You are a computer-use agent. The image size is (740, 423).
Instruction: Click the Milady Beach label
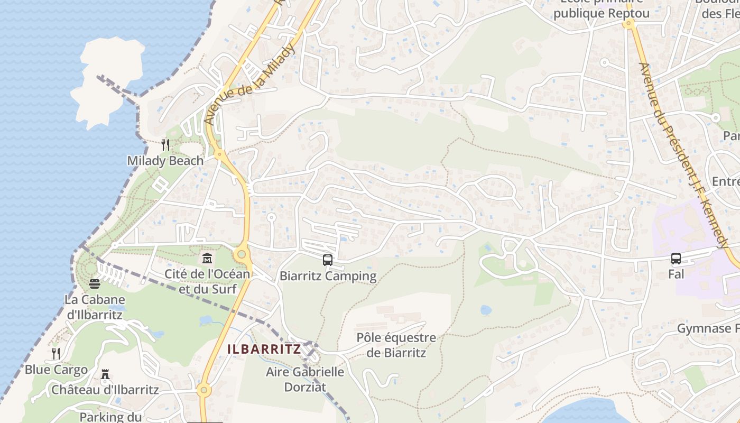click(x=165, y=161)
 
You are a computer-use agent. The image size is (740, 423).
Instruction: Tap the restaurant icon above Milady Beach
click(x=165, y=144)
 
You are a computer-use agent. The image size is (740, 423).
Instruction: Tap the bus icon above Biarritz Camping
click(x=328, y=260)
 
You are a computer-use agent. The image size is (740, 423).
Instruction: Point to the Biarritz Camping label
click(x=328, y=276)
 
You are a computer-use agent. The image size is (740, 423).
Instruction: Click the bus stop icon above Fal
click(x=676, y=259)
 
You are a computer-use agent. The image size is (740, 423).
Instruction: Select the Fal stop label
click(x=676, y=274)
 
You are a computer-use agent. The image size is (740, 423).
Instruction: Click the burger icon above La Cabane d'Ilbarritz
click(x=95, y=284)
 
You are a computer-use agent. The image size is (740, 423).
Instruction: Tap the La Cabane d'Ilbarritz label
click(x=95, y=307)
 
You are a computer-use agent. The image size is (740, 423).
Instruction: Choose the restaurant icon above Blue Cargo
click(x=55, y=353)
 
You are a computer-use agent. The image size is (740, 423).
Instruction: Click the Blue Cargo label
click(x=56, y=369)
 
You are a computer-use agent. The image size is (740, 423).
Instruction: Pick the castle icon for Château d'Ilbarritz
click(x=105, y=375)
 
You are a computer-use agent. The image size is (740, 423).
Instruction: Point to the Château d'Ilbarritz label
click(x=105, y=390)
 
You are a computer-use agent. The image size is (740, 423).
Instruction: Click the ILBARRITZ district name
click(x=264, y=349)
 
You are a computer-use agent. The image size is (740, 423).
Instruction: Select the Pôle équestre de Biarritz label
click(x=396, y=345)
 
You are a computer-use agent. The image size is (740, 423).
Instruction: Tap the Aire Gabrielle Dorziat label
click(x=305, y=379)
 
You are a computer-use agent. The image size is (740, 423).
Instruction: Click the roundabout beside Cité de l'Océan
click(x=242, y=254)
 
